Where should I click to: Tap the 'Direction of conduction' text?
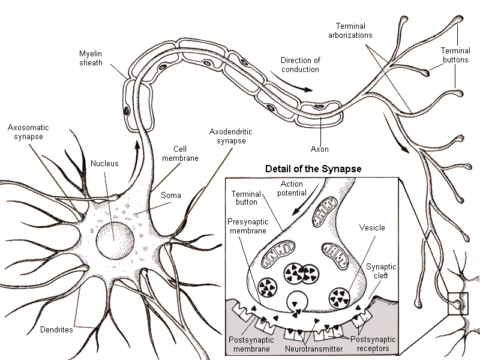click(300, 65)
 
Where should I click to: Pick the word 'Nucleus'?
click(104, 163)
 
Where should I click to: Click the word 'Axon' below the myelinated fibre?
click(319, 148)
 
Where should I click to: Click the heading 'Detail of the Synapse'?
click(313, 169)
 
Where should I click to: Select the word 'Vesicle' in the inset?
click(373, 228)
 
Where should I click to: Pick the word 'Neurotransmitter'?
click(313, 348)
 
